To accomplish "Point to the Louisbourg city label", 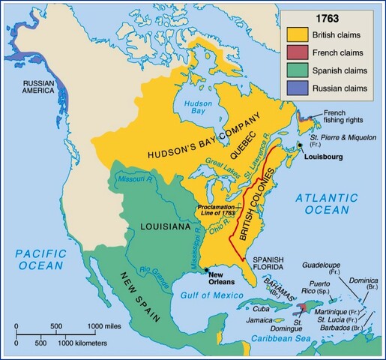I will [325, 158].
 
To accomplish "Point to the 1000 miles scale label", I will [105, 325].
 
